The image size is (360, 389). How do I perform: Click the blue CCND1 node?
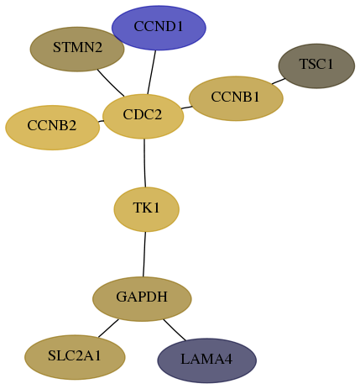159,28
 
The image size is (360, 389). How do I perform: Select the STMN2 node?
77,49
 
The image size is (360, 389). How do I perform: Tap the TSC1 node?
316,66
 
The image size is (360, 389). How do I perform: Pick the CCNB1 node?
236,98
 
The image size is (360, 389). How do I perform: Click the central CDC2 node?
143,116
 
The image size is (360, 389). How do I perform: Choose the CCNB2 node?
52,128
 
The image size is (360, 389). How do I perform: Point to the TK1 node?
146,209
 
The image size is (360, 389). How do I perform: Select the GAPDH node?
142,299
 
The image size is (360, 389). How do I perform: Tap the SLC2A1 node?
75,357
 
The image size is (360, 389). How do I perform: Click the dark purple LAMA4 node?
206,360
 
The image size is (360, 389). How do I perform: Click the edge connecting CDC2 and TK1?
144,163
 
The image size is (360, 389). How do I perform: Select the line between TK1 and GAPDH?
144,255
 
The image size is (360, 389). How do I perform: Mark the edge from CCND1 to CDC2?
151,72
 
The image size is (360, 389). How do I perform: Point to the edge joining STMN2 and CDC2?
111,83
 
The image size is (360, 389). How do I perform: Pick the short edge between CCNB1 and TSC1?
278,81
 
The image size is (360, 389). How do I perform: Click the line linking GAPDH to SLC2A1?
108,328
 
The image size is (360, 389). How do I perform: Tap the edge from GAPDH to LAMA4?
175,330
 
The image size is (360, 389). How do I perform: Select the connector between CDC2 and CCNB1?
186,108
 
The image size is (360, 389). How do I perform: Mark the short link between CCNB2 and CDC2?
101,121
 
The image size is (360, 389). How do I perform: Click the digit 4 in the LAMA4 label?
228,360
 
